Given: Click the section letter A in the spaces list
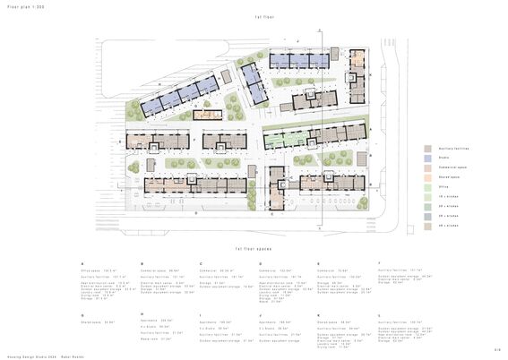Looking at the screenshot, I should (82, 264).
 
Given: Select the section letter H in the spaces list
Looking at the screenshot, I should (142, 314).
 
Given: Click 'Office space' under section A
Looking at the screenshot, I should (93, 270).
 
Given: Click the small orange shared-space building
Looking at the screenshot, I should (208, 114).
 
